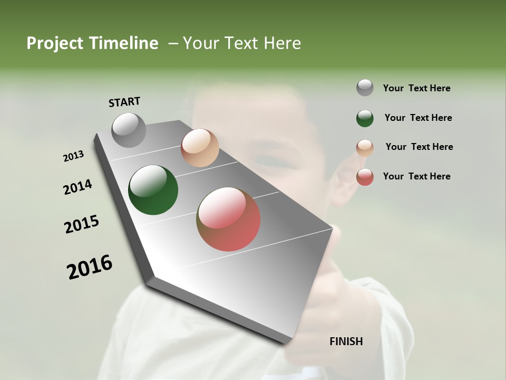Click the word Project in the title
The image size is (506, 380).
coord(53,44)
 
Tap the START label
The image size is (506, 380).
coord(124,102)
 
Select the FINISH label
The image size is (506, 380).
coord(346,341)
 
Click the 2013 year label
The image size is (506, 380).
coord(73,156)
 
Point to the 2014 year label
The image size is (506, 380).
coord(77,187)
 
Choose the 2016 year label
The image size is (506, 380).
coord(90,267)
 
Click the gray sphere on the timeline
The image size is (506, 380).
coord(129,130)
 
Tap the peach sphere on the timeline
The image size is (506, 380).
coord(200,148)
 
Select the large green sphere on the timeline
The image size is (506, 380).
coord(153,190)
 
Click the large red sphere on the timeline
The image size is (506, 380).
coord(229,219)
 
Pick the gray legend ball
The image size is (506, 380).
coord(365,88)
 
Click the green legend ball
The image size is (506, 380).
coord(365,118)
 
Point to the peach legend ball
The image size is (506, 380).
coord(365,148)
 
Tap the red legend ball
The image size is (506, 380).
coord(365,177)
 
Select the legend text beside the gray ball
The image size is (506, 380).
coord(417,89)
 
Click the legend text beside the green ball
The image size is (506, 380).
coord(419,118)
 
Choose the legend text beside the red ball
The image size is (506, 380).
coord(417,176)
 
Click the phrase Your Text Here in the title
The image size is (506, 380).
coord(242,43)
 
